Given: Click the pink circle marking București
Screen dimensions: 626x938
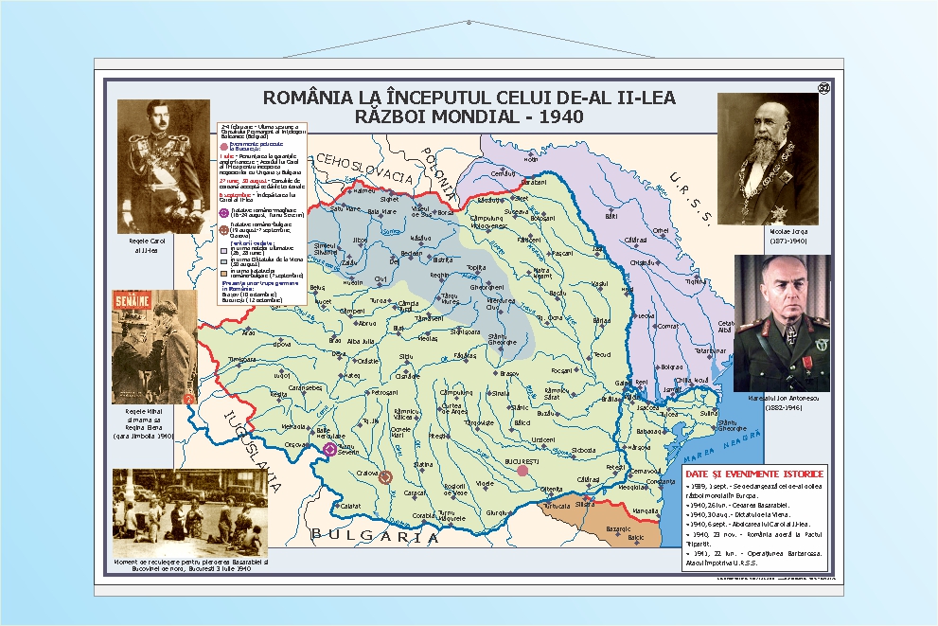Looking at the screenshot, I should point(522,470).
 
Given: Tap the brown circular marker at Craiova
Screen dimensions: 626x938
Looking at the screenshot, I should point(385,477).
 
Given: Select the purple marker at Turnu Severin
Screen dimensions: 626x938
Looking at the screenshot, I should point(329,450).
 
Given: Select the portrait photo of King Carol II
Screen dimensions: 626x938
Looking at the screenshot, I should point(163,166).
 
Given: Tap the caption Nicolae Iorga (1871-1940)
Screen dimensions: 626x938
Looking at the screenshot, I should point(767,234).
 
